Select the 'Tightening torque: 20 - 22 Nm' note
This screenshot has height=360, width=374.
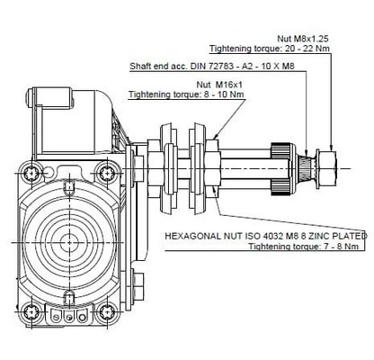tap(267, 50)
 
